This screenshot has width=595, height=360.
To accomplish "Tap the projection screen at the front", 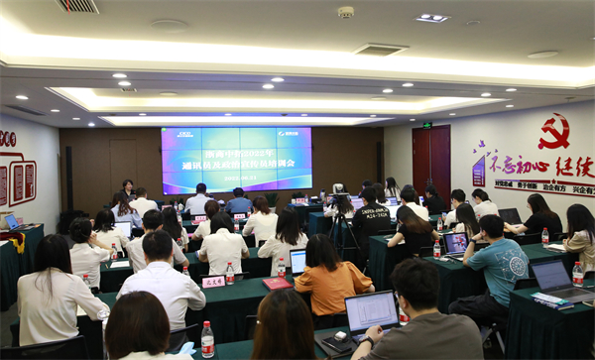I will coord(236,159).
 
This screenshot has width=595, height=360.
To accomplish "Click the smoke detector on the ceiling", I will coord(345,12).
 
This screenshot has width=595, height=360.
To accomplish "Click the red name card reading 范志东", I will coord(213,282).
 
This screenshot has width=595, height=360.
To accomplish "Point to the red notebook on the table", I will coord(277,284).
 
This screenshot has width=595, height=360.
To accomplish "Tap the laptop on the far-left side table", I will coord(11,222).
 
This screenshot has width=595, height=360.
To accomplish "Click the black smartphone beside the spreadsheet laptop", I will coord(332,344).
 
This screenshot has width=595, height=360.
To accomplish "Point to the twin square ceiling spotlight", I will coord(432,18).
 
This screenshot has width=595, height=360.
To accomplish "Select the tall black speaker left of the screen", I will coord(69,179).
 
